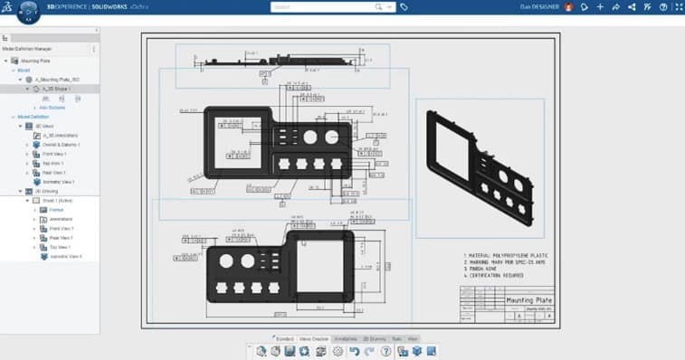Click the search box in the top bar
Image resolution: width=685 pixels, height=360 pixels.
pyautogui.click(x=321, y=6)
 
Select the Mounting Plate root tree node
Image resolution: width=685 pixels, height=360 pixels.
pyautogui.click(x=37, y=60)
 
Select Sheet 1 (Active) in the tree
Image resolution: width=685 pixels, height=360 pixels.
pyautogui.click(x=55, y=201)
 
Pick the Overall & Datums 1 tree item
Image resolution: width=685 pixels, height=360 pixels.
pyautogui.click(x=61, y=144)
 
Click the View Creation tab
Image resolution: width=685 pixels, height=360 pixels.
pyautogui.click(x=315, y=338)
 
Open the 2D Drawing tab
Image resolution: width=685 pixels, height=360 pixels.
pyautogui.click(x=374, y=338)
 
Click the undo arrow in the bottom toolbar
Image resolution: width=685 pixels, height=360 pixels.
pyautogui.click(x=355, y=351)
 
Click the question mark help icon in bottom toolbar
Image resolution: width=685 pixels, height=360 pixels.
pyautogui.click(x=386, y=351)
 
